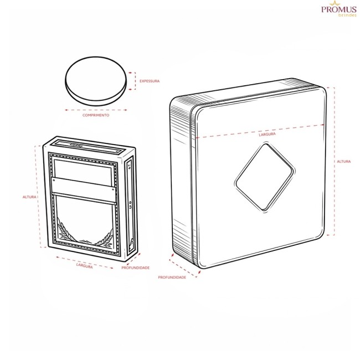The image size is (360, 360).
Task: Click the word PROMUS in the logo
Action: tap(339, 9)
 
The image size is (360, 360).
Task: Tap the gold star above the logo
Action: tap(335, 3)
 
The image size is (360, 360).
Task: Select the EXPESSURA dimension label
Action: tap(150, 81)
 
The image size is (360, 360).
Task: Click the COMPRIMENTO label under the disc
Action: tap(96, 115)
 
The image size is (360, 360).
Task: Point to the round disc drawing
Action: tap(96, 81)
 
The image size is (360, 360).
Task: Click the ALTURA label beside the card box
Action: tap(29, 197)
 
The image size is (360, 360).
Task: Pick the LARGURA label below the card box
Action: tap(85, 266)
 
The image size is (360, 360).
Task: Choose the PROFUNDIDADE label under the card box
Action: tap(136, 268)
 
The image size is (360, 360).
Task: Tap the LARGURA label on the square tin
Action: tap(267, 134)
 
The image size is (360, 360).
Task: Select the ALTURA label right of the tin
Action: tap(344, 161)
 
